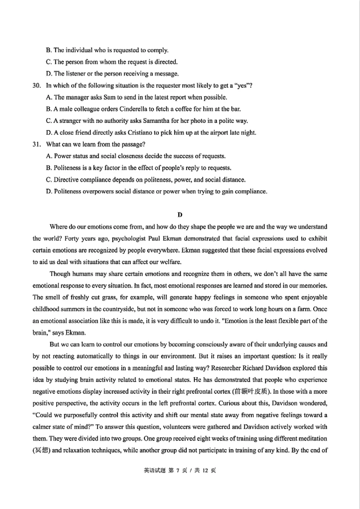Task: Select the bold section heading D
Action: (x=180, y=215)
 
